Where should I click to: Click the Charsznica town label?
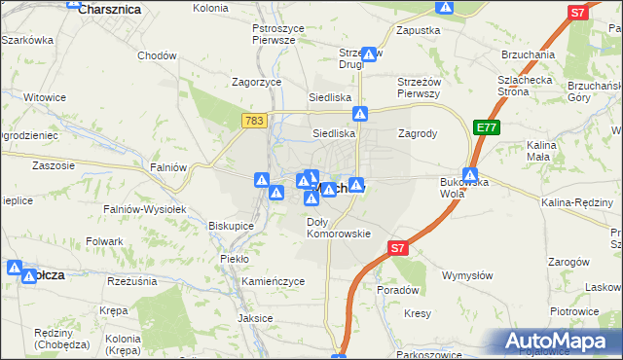point(110,9)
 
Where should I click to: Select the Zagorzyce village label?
point(254,82)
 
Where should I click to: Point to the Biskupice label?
point(232,225)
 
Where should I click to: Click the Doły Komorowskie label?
point(339,228)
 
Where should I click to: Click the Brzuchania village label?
point(528,55)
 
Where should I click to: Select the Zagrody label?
point(417,133)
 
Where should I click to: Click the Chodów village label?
point(157,55)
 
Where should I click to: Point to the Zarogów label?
point(569,262)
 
